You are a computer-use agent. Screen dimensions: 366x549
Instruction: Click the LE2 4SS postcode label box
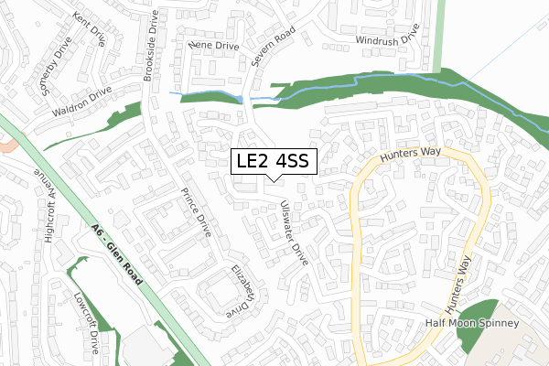click(x=274, y=161)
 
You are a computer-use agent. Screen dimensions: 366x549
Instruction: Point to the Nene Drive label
click(x=212, y=43)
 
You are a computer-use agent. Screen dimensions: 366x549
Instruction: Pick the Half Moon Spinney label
click(x=472, y=324)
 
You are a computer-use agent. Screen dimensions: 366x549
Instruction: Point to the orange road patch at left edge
click(x=7, y=145)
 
